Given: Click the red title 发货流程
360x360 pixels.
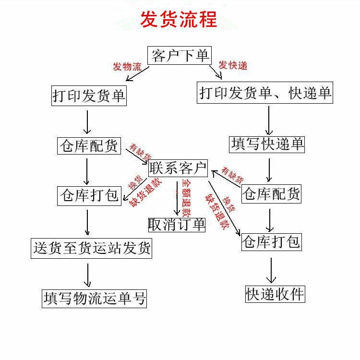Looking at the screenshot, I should point(179,20).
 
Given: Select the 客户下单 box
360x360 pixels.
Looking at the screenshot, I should point(180,56).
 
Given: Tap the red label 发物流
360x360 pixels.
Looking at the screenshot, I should point(127,67).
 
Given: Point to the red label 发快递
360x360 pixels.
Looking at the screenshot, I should point(233,65).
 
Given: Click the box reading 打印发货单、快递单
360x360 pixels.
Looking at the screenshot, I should point(265,93).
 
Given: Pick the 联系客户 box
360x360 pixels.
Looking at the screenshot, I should point(178,168).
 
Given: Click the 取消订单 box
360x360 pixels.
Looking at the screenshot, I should point(177,224).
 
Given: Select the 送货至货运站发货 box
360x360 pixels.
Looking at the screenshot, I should point(91,248).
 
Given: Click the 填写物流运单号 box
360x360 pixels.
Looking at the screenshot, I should point(94,298).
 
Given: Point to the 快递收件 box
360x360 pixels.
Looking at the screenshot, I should point(275,294).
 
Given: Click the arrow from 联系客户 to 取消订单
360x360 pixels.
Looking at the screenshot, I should point(177,197).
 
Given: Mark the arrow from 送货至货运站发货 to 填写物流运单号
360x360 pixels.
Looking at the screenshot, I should point(88,274).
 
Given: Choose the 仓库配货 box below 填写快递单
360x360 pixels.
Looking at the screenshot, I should point(272,193).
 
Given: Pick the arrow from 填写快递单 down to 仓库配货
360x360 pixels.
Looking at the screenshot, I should point(269,169).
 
